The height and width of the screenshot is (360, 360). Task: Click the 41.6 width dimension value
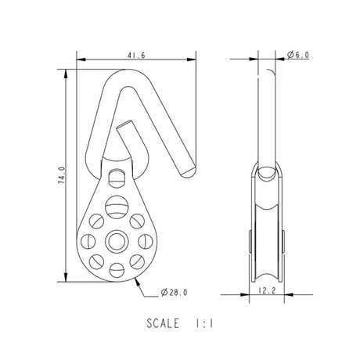(x=136, y=56)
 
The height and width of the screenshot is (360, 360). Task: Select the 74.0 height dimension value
(x=61, y=175)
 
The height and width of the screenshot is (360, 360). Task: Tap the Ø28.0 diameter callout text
(x=174, y=293)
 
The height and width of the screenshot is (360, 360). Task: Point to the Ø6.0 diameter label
(x=298, y=55)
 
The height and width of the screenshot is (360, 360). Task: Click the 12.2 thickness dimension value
(x=267, y=290)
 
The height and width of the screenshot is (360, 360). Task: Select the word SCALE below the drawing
(x=163, y=323)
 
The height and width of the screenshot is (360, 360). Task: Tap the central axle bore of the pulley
(x=117, y=241)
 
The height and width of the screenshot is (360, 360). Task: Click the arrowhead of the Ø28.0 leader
(x=136, y=281)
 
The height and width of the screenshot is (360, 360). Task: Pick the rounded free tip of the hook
(x=189, y=173)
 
